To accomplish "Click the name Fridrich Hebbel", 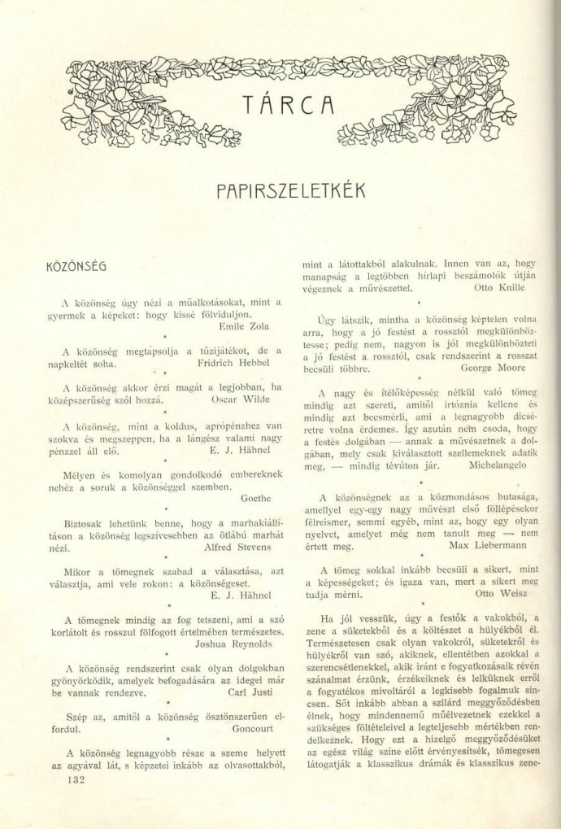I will (x=237, y=363).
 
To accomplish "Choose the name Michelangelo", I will (x=498, y=465).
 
